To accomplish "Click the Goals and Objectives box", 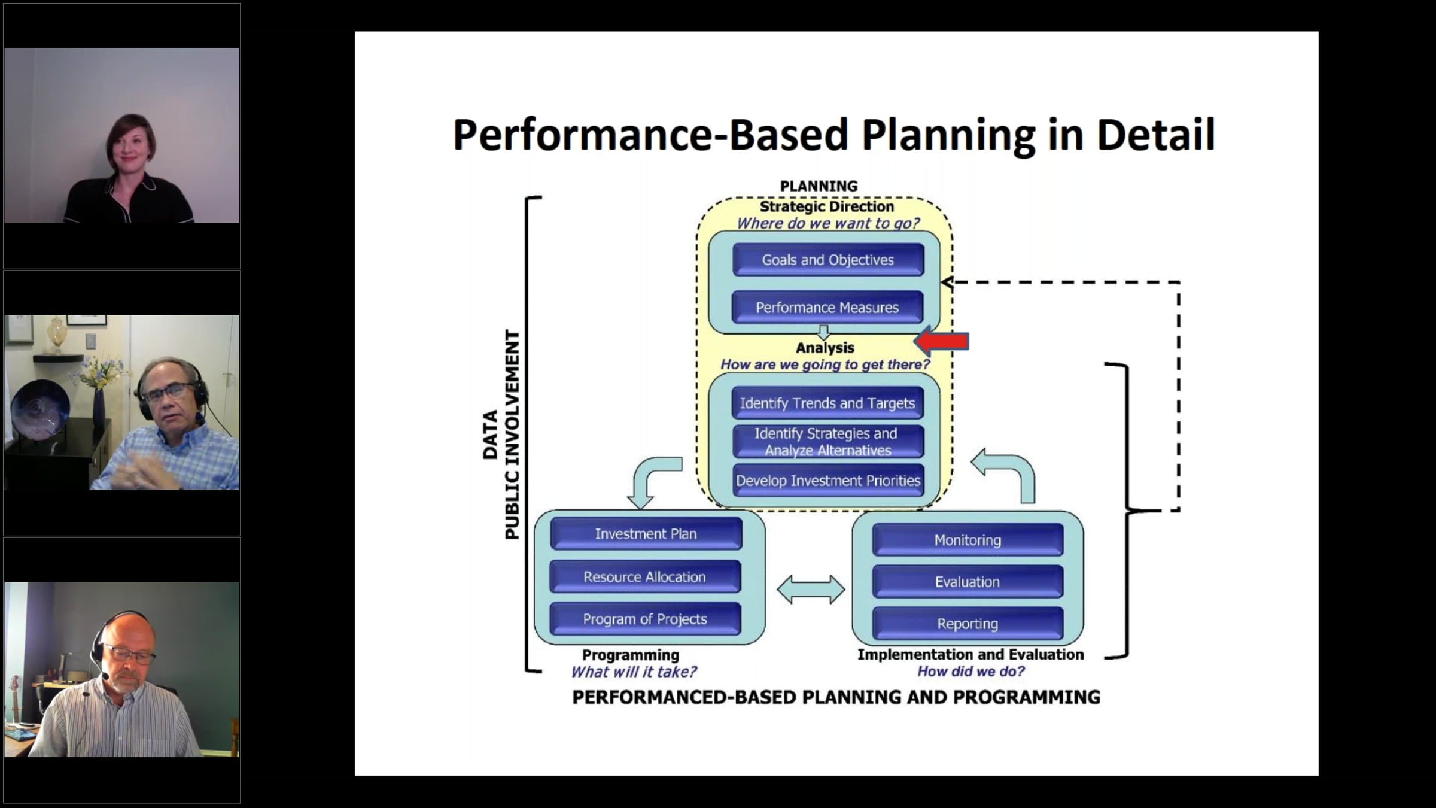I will coord(827,260).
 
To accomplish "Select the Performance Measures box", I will coord(827,308).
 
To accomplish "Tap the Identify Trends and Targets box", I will coord(827,403).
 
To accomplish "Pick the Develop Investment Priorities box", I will coord(827,481).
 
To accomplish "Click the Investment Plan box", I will coord(646,534).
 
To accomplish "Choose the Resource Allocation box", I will coord(645,577).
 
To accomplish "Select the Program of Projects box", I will coord(645,619).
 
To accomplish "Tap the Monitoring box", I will coord(968,540).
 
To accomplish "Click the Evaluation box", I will coord(968,582).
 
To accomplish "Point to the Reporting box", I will coord(968,624).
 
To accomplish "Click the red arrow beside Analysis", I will coord(942,342).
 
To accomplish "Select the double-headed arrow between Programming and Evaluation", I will coord(811,590).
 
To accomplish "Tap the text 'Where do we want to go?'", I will coord(827,223).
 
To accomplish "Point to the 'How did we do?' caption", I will coord(970,672).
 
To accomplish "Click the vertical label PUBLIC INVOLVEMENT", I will coord(512,434).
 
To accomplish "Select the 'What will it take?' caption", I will coord(634,672).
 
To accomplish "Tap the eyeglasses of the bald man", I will coord(129,655).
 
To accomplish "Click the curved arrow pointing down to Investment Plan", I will coord(649,479).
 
